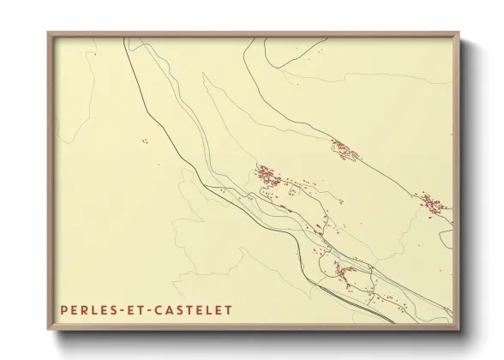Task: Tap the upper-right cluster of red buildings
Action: coord(346,149)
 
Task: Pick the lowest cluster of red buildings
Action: coord(345,274)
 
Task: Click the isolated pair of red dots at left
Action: coord(147,141)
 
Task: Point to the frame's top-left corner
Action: coord(48,33)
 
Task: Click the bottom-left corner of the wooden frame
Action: coord(48,329)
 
